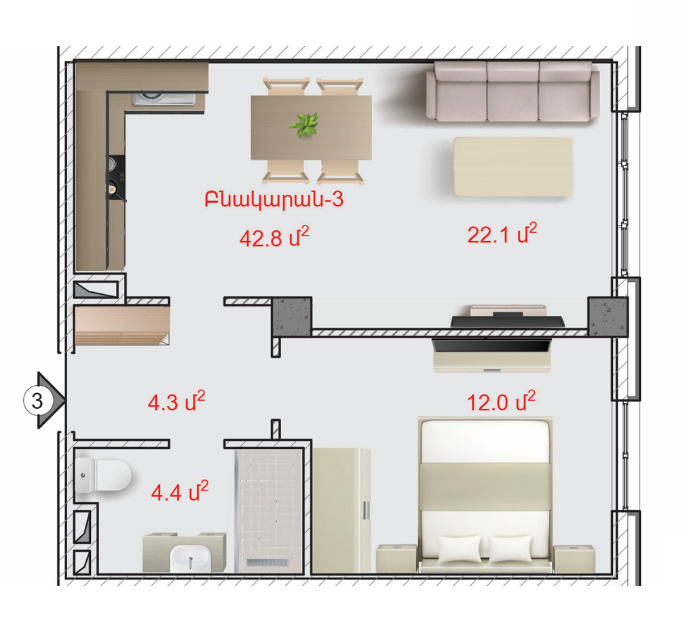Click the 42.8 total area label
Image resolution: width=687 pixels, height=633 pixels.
274,237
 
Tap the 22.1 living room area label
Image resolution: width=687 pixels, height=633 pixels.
502,234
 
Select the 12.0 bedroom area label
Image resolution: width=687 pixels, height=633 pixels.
501,402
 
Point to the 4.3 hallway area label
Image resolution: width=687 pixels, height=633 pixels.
177,401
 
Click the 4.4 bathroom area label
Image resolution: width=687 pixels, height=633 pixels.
180,492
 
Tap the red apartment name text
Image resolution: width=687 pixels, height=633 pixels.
274,200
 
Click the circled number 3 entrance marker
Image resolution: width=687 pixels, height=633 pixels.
37,401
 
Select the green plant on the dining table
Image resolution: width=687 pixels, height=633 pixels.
304,124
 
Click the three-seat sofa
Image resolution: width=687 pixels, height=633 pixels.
513,91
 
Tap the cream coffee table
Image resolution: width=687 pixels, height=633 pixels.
513,166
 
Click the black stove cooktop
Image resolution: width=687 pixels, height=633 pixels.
116,177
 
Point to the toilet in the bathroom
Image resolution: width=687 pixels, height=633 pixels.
103,475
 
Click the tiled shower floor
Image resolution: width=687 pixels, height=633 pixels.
270,511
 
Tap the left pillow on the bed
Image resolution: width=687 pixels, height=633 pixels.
459,548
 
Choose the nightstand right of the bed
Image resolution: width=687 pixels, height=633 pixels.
574,559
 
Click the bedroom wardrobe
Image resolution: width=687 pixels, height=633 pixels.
341,511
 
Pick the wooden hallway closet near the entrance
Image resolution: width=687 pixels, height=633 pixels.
122,325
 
